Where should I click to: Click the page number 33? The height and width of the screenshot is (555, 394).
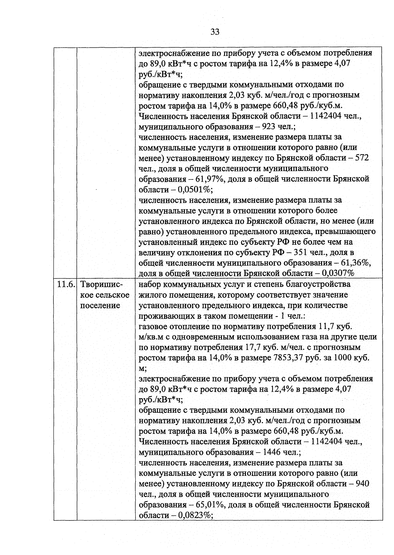click(x=215, y=32)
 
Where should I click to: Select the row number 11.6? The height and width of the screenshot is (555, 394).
click(x=65, y=284)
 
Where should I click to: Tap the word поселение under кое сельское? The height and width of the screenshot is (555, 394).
click(x=100, y=305)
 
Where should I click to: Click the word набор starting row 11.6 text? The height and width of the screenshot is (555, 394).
click(x=150, y=284)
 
